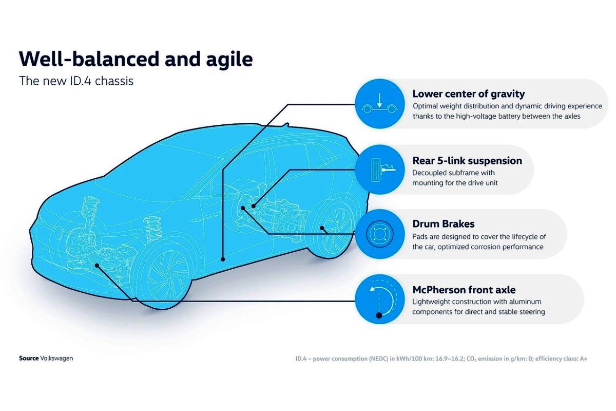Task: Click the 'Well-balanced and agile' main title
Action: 136,60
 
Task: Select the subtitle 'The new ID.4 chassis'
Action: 76,81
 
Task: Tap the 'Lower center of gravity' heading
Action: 469,94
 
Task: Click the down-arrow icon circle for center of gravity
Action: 380,104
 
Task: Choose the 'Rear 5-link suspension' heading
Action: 467,161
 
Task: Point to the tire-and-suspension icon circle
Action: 380,170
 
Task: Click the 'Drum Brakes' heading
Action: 444,224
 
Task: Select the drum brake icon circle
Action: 380,234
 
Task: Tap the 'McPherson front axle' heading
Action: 464,290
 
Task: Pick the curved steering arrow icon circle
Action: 380,299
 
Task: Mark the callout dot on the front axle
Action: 97,266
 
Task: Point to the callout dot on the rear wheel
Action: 322,228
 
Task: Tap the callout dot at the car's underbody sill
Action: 223,259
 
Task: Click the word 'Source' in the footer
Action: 29,359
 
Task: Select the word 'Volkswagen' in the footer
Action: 56,359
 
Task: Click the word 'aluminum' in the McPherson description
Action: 525,302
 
